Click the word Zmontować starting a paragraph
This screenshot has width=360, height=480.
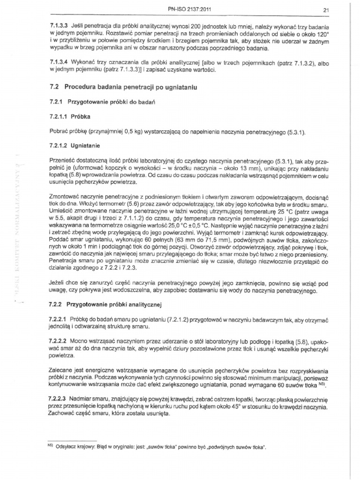pyautogui.click(x=64, y=198)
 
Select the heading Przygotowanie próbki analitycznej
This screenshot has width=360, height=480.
pyautogui.click(x=114, y=305)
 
